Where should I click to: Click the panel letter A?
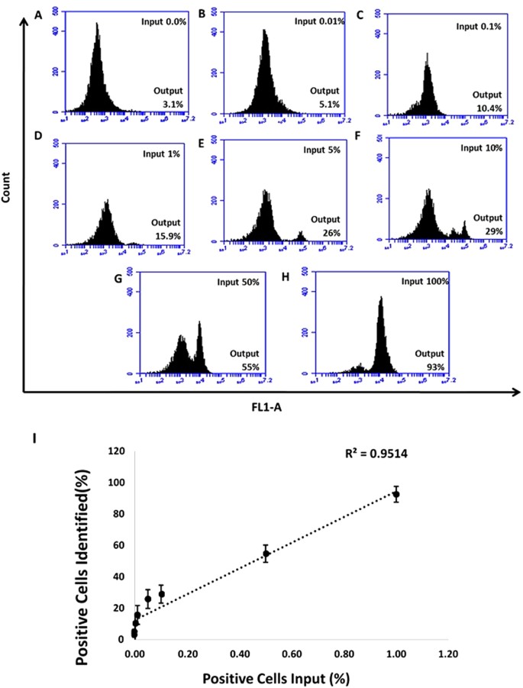point(31,13)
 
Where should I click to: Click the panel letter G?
point(118,279)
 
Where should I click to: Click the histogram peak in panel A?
point(97,24)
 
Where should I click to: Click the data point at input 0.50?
point(266,554)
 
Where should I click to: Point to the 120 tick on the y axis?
point(117,452)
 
